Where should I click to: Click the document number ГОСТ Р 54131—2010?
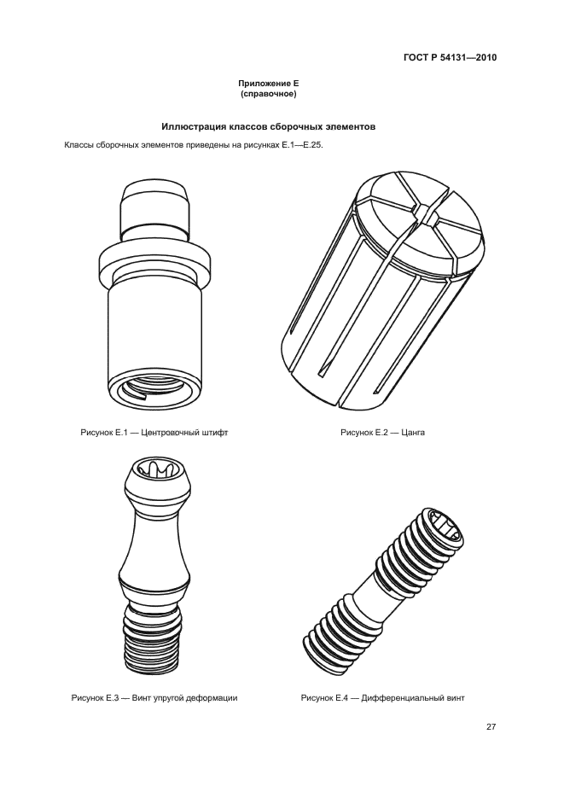450,57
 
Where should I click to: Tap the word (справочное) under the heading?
268,94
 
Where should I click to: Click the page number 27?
491,727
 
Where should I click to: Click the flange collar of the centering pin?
154,264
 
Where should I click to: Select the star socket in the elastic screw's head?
154,469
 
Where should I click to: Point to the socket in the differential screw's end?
445,529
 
